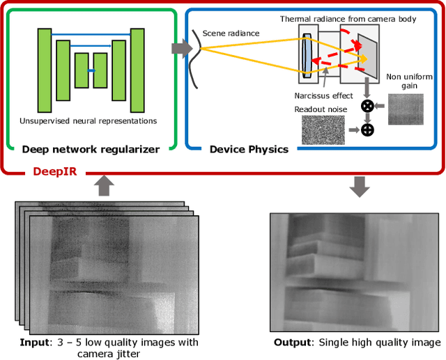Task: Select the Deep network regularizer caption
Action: click(91, 149)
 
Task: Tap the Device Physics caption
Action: click(249, 149)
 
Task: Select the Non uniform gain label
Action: click(403, 81)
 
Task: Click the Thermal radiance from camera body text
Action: click(348, 19)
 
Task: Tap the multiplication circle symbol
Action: click(367, 106)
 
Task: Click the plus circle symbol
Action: click(367, 129)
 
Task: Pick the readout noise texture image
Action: click(323, 129)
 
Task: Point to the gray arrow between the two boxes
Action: click(181, 49)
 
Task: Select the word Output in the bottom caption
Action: click(293, 342)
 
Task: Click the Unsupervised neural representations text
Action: click(89, 120)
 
